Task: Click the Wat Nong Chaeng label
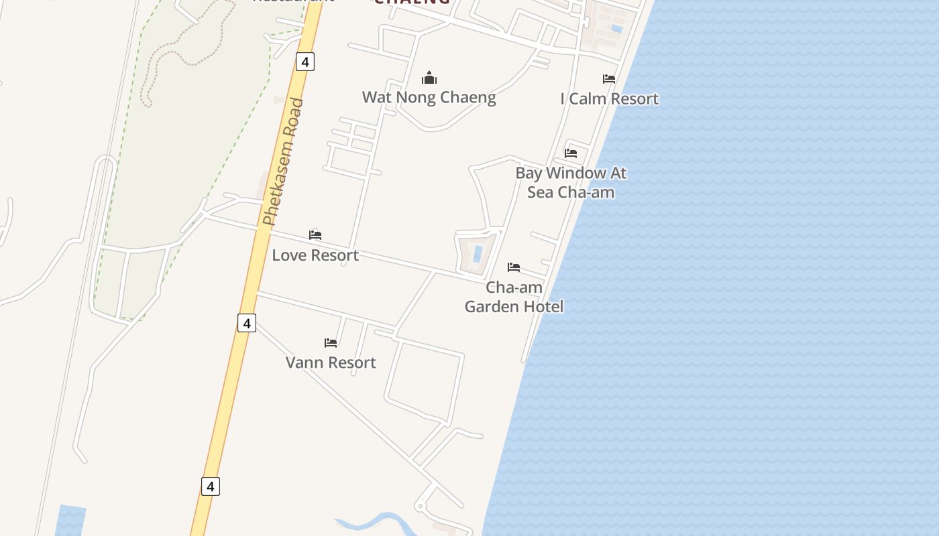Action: point(429,97)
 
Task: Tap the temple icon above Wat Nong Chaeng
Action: point(429,78)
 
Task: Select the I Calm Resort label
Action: point(609,99)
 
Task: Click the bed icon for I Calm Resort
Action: point(609,79)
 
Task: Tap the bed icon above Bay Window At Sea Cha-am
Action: point(571,153)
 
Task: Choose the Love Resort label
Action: point(315,255)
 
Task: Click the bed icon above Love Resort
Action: point(315,235)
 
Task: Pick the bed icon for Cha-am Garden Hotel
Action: point(514,267)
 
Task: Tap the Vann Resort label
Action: point(331,362)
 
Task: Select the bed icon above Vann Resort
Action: point(331,343)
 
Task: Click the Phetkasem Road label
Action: point(284,162)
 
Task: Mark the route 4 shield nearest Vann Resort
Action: point(247,323)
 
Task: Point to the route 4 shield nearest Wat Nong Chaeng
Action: point(305,62)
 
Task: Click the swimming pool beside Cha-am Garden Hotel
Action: point(478,254)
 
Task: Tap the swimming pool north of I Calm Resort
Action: point(616,29)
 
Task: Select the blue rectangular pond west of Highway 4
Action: point(70,521)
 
